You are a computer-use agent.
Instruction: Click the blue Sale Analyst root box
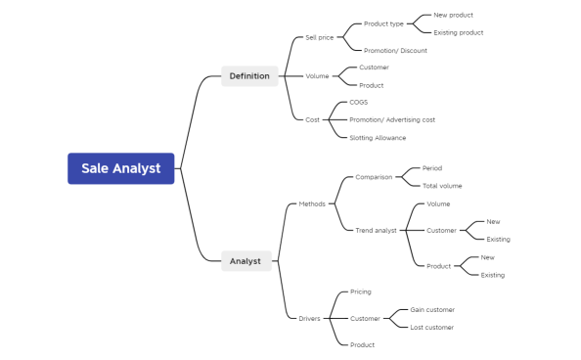(x=120, y=168)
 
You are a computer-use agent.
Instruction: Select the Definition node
(x=249, y=75)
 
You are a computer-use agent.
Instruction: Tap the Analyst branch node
(x=246, y=261)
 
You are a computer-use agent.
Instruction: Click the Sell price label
(x=319, y=37)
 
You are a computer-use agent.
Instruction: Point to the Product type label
(x=383, y=23)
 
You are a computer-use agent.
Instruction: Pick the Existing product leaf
(x=458, y=32)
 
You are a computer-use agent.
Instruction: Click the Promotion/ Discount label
(x=395, y=50)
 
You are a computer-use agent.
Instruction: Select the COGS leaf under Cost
(x=359, y=102)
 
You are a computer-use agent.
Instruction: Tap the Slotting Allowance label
(x=378, y=138)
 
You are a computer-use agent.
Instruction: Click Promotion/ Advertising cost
(x=392, y=119)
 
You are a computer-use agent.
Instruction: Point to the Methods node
(x=312, y=203)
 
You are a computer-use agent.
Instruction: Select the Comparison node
(x=374, y=177)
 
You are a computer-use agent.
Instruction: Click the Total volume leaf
(x=442, y=186)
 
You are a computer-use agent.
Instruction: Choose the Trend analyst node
(x=376, y=230)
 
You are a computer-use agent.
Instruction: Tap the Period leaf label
(x=432, y=168)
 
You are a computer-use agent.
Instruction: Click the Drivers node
(x=309, y=318)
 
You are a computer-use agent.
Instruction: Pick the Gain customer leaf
(x=432, y=309)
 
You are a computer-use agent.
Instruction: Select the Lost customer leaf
(x=431, y=327)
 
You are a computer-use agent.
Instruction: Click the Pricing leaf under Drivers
(x=361, y=292)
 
